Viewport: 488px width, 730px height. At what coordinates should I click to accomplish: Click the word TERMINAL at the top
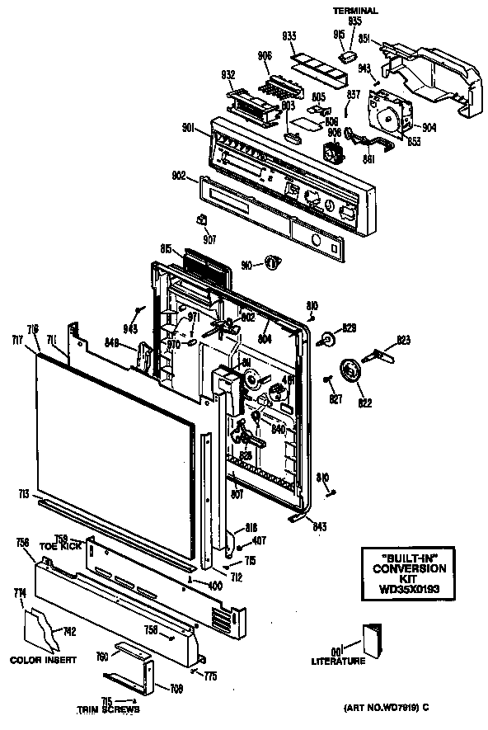(355, 11)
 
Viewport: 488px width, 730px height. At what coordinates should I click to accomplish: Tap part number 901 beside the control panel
(189, 128)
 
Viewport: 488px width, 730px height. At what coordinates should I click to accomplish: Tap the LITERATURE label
(338, 662)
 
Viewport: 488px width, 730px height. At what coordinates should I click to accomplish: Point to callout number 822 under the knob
(365, 403)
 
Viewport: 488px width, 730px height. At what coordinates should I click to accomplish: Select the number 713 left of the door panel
(23, 494)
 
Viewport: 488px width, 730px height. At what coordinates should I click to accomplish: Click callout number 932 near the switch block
(228, 74)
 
